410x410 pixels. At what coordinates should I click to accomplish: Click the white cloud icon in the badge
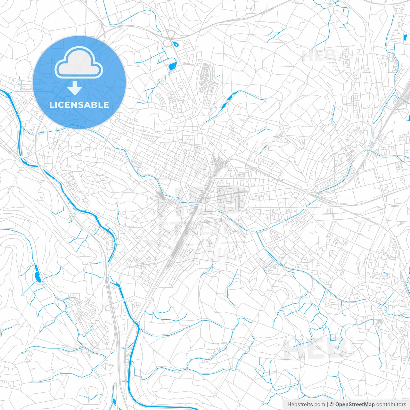click(x=79, y=63)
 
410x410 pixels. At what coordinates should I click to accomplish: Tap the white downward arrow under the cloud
click(x=75, y=88)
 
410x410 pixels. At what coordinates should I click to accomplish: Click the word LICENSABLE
click(x=79, y=105)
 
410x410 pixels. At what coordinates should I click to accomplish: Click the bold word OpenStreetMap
click(x=355, y=405)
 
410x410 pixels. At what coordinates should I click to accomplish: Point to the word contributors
click(x=391, y=405)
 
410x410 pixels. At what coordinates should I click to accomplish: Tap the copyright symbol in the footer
click(x=332, y=405)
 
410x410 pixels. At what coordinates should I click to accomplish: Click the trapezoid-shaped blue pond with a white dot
click(x=172, y=67)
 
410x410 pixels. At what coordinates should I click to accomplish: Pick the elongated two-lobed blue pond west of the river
click(x=37, y=274)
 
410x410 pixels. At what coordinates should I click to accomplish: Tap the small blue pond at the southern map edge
click(x=114, y=402)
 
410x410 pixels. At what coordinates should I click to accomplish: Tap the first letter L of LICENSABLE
click(x=52, y=105)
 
